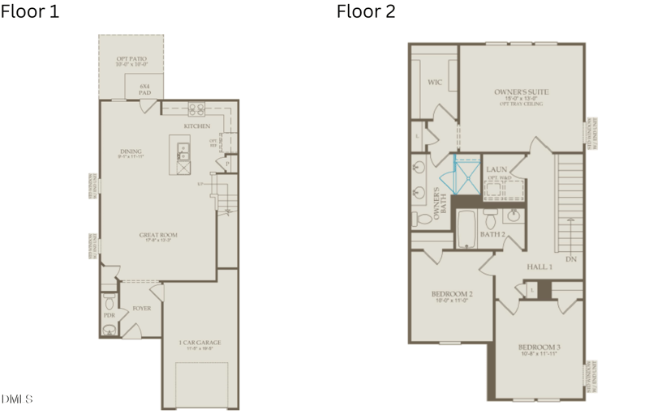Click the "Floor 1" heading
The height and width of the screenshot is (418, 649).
click(30, 12)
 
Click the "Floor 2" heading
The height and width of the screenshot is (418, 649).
click(366, 12)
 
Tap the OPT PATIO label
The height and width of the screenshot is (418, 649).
click(131, 59)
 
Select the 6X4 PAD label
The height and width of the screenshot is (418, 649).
click(144, 89)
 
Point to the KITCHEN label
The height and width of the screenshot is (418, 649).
click(196, 126)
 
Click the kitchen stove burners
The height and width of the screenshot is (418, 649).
click(196, 108)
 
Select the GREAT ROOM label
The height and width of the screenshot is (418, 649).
click(158, 235)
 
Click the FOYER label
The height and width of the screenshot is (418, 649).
click(142, 309)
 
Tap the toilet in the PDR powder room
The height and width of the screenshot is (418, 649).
click(110, 329)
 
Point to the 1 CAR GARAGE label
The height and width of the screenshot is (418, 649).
click(200, 343)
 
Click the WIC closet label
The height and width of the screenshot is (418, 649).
click(434, 83)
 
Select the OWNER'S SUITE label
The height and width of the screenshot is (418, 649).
click(521, 92)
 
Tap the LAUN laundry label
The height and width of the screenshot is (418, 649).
click(496, 169)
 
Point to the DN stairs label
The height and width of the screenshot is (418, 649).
click(571, 259)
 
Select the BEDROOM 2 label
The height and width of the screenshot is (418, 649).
click(452, 294)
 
